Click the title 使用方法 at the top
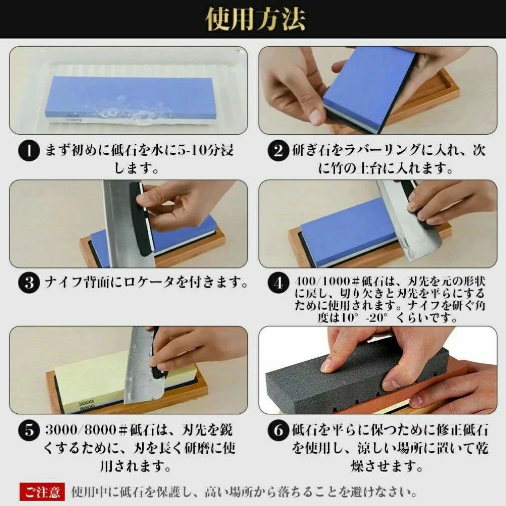[256, 19]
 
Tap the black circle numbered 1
[29, 151]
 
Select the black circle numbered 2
[278, 151]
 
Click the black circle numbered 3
[29, 283]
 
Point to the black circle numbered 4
[278, 283]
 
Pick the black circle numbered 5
[29, 430]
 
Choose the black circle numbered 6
[278, 430]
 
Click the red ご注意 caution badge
[42, 492]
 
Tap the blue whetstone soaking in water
[129, 99]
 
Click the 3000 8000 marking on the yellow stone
[86, 404]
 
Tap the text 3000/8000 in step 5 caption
[81, 430]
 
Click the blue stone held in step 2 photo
[368, 87]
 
